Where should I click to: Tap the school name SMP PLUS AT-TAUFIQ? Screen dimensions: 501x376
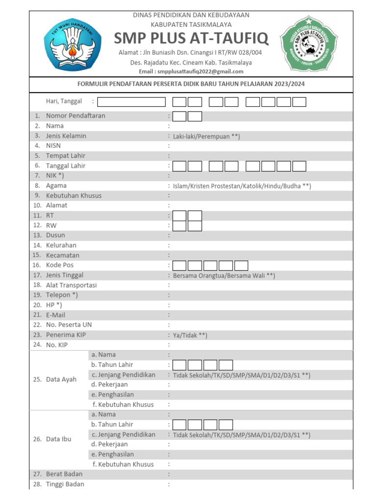click(191, 39)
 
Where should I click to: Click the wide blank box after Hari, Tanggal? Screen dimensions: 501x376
click(132, 102)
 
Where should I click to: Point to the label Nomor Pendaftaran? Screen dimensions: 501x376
click(75, 116)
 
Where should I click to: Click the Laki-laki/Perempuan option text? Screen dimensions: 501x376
click(206, 137)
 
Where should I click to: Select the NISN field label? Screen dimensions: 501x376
click(53, 146)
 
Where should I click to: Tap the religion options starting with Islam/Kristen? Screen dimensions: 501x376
click(242, 186)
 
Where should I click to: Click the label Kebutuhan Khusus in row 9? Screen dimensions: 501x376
click(74, 196)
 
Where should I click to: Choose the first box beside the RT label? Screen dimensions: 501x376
click(180, 216)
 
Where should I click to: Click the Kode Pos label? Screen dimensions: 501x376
click(60, 265)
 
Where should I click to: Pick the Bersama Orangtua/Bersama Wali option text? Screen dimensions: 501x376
click(224, 276)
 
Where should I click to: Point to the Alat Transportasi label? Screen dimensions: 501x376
click(71, 285)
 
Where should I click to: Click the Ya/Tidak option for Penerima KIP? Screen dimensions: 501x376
click(190, 336)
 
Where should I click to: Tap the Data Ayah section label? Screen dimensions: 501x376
click(61, 380)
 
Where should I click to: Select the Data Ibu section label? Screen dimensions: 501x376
click(59, 439)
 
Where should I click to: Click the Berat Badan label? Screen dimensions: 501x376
click(64, 474)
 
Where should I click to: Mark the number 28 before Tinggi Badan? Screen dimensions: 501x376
click(37, 484)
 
